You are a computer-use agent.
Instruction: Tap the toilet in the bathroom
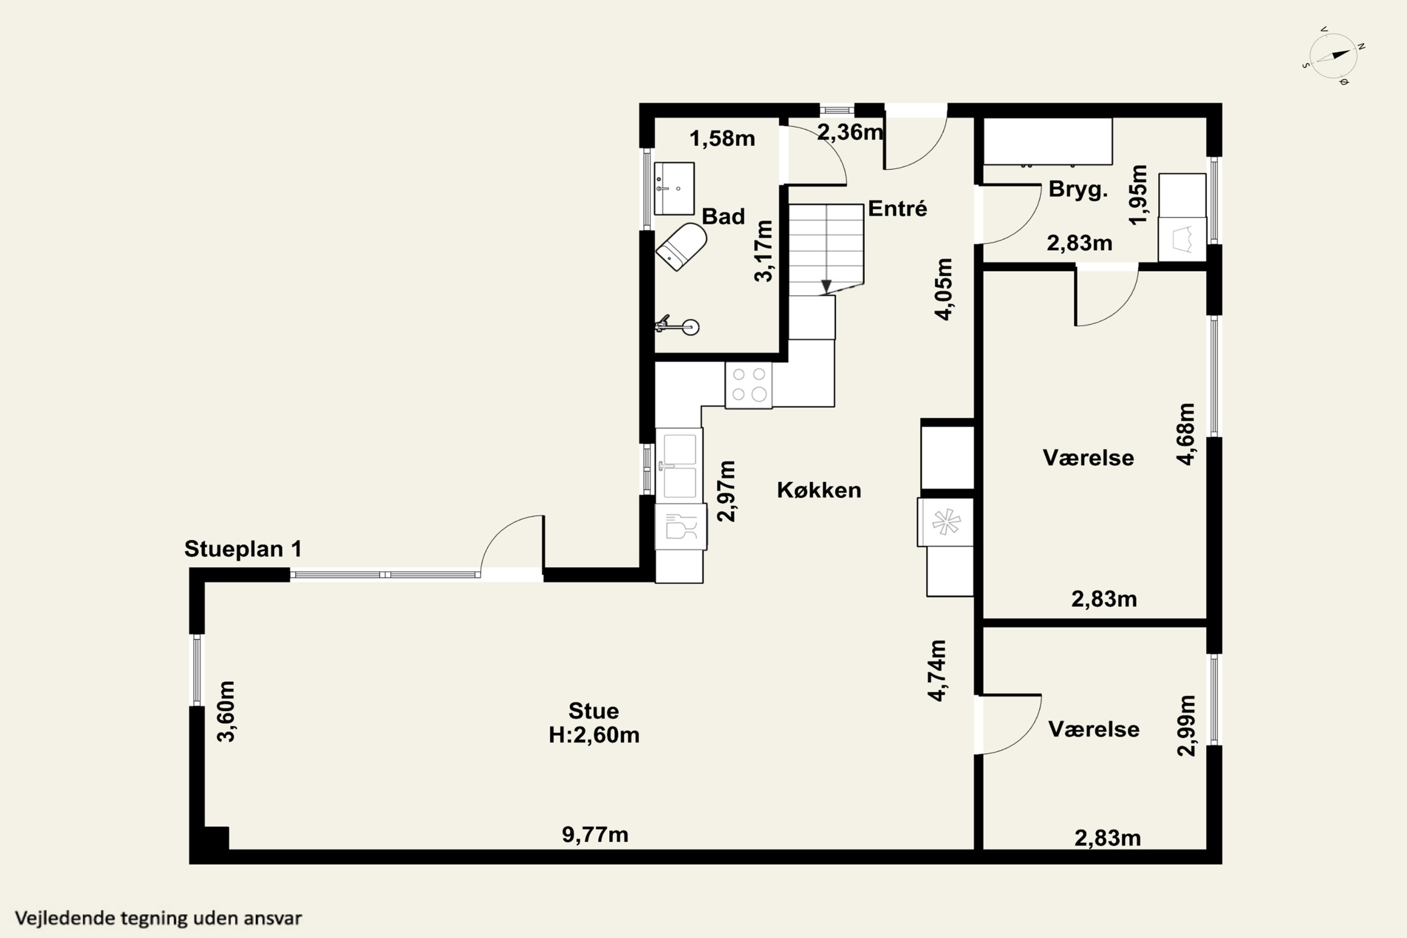[x=681, y=247]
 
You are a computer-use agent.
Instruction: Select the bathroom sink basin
[x=674, y=189]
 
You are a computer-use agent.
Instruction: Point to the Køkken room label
[x=819, y=490]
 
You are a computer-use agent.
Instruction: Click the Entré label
[x=897, y=208]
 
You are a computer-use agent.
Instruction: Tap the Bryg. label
[x=1078, y=189]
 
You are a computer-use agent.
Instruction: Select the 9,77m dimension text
[x=595, y=834]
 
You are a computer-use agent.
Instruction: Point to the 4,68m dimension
[x=1186, y=434]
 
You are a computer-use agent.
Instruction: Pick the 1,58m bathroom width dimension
[x=722, y=139]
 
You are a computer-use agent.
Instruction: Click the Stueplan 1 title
[x=243, y=549]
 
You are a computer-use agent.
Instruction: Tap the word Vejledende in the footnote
[x=65, y=918]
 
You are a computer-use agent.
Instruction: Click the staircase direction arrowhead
[x=826, y=287]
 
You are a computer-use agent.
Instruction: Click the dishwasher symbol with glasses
[x=681, y=526]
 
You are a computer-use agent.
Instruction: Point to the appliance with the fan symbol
[x=945, y=522]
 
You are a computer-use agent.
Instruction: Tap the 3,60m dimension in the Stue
[x=226, y=711]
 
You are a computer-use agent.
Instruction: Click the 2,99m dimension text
[x=1186, y=726]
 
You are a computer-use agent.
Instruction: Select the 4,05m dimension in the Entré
[x=944, y=289]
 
